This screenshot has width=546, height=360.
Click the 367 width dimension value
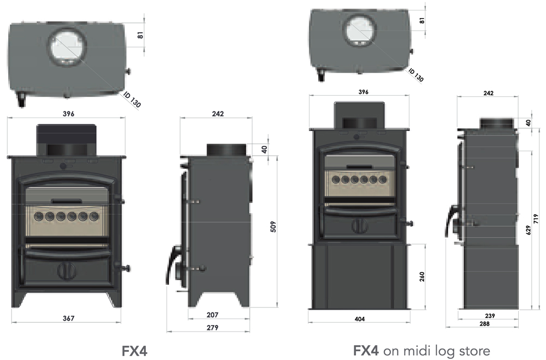[x=68, y=318]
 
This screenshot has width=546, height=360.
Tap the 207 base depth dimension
[x=213, y=315]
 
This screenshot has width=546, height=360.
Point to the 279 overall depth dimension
[x=213, y=327]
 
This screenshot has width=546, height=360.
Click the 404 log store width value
[x=359, y=318]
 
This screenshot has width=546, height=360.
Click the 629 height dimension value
[x=527, y=231]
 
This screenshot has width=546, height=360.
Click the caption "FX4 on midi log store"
[x=422, y=350]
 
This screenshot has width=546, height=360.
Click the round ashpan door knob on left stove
[x=67, y=270]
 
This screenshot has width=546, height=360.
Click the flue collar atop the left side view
[x=225, y=149]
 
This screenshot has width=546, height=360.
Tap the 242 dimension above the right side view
[x=488, y=93]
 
